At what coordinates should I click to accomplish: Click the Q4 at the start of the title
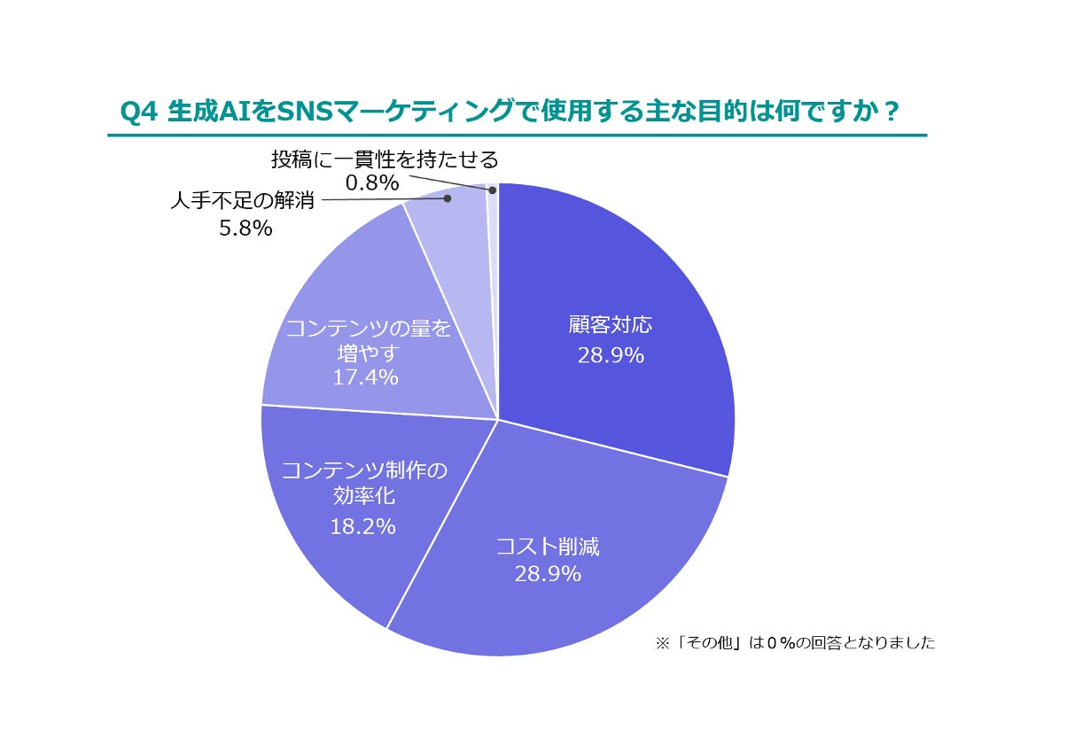[x=138, y=112]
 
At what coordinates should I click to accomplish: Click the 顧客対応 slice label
[x=610, y=325]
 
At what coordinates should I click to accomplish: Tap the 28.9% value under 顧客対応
[x=610, y=355]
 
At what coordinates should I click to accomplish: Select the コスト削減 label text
[x=548, y=546]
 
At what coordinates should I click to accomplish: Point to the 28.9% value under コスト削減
[x=548, y=574]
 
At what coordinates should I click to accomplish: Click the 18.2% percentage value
[x=362, y=526]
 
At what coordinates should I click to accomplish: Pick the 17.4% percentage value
[x=365, y=378]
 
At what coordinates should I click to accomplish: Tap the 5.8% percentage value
[x=245, y=228]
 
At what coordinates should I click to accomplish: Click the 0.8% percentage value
[x=372, y=182]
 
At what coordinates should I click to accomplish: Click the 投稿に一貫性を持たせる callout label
[x=385, y=159]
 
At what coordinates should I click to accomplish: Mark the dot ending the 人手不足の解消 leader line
[x=448, y=199]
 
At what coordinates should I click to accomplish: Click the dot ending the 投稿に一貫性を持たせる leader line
[x=490, y=189]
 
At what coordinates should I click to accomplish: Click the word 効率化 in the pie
[x=362, y=496]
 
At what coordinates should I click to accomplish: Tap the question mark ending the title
[x=892, y=112]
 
